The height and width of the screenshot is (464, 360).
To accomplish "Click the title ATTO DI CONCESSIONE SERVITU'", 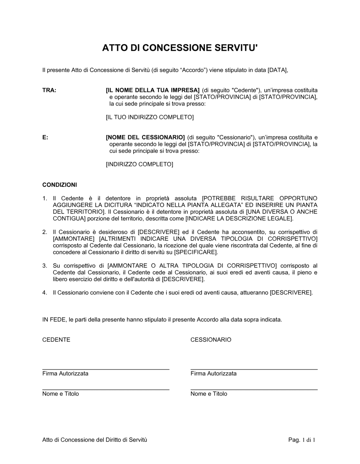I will pos(180,48).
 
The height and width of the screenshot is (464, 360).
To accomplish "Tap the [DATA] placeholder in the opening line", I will pos(278,70).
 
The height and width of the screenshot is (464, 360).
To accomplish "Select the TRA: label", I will pos(49,90).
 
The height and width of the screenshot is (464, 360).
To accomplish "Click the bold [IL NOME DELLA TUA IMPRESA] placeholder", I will pos(153,90).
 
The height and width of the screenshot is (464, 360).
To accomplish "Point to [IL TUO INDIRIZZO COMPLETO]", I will pos(149,117).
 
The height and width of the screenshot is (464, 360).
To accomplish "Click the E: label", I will pos(45,137).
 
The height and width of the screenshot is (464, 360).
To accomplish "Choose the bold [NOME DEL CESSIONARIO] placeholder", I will pos(145,137).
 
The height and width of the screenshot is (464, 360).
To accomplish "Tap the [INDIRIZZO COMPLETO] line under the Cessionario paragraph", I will pos(139,164).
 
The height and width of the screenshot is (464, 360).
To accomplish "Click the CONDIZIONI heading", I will pos(59,185).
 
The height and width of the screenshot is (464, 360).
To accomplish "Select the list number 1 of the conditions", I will pos(45,198).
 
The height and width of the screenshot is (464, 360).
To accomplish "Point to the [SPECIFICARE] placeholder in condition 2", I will pos(195,252).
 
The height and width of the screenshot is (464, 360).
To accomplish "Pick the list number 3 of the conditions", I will pos(45,266).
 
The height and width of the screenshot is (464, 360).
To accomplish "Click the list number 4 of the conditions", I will pos(45,293).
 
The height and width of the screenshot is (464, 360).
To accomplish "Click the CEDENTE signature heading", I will pos(56,340).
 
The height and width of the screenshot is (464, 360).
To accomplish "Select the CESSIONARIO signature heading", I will pos(211,340).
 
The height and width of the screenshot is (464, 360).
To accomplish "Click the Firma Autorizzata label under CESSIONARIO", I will pos(213,373).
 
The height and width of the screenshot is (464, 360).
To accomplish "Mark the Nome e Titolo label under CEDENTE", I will pos(60,394).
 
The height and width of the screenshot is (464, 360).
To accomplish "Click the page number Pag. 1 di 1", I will pos(302,440).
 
